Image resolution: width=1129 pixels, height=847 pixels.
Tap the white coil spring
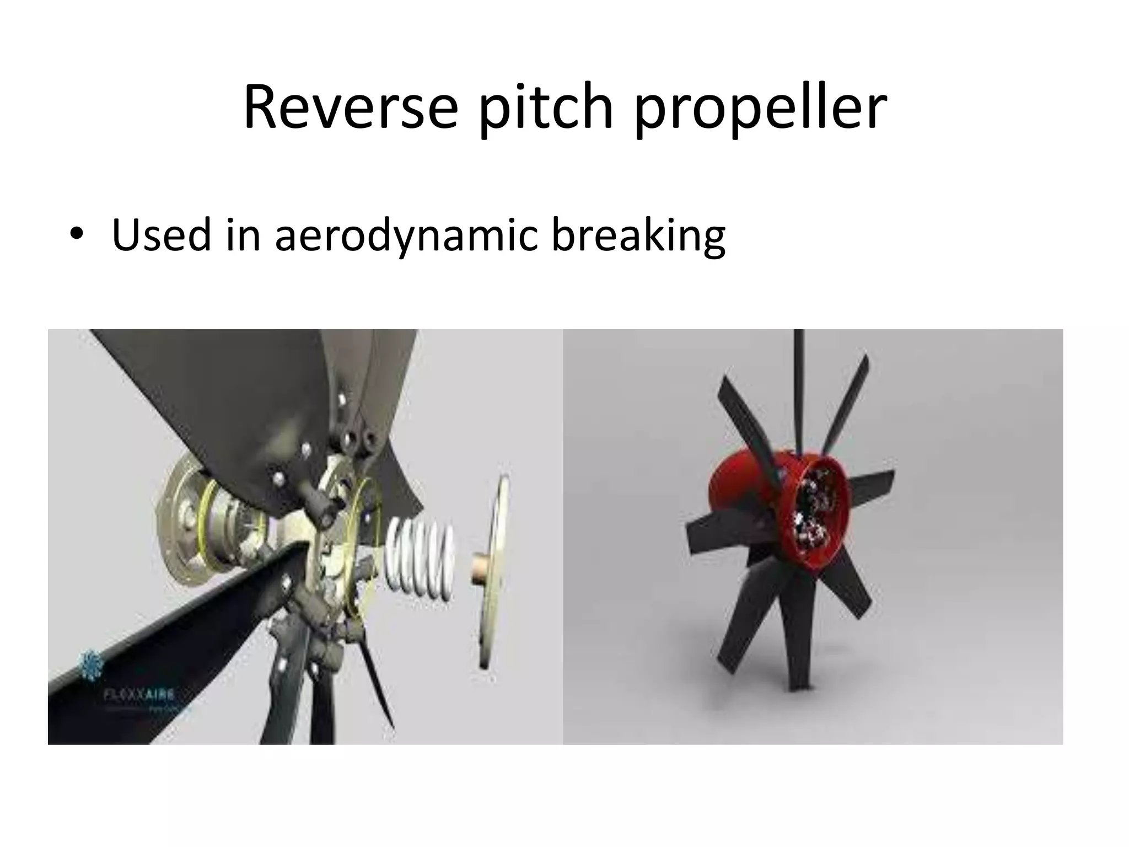click(x=420, y=559)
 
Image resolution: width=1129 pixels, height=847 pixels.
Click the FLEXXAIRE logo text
click(x=139, y=694)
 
